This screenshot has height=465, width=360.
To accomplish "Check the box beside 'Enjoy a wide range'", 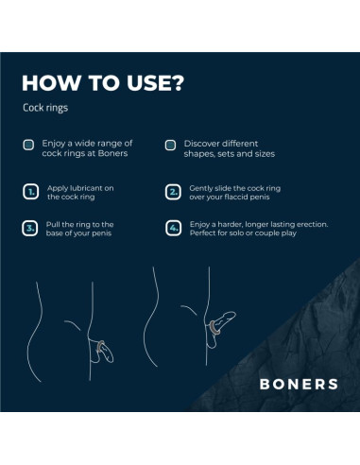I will tap(29, 146).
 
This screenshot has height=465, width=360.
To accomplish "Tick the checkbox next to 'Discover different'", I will tap(170, 146).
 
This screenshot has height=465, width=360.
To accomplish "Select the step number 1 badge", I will tap(29, 192).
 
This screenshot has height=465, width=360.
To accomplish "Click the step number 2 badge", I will tap(172, 192).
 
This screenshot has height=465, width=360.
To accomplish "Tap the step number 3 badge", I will tap(29, 228).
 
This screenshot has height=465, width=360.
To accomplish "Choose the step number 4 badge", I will tap(172, 228).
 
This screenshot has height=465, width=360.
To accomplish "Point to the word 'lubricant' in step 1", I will tap(78, 187).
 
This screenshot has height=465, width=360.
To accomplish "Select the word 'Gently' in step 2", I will tap(202, 187).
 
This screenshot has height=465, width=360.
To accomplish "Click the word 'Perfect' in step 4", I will tap(204, 234).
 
